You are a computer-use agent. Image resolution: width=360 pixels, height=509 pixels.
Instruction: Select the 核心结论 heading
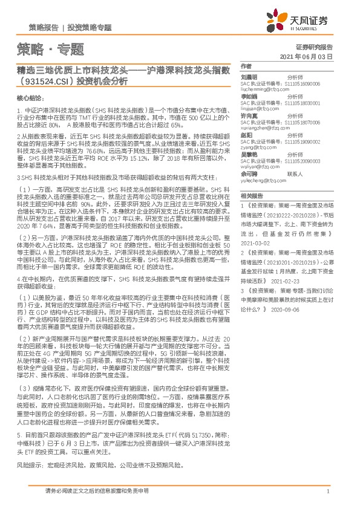[30, 97]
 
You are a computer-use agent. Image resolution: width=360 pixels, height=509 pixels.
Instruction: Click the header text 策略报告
[43, 28]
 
